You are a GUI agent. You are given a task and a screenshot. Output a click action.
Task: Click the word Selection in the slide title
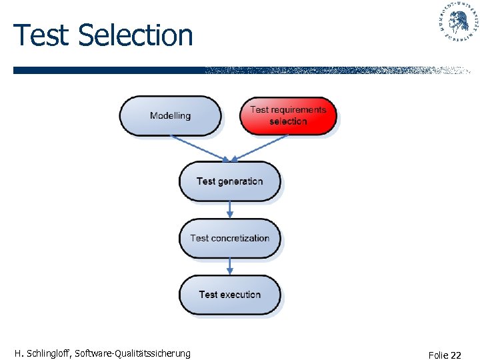[x=135, y=35]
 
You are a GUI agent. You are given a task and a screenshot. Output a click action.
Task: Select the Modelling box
[x=170, y=115]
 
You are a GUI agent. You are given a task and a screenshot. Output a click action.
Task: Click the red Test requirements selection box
[x=288, y=115]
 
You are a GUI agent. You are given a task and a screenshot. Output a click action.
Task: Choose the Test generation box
[x=230, y=181]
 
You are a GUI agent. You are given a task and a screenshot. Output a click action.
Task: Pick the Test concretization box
[x=230, y=238]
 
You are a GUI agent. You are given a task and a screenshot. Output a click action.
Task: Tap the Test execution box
[x=230, y=295]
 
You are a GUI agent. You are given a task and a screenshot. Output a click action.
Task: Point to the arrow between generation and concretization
[x=230, y=209]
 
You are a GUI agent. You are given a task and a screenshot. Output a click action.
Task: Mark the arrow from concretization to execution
[x=230, y=267]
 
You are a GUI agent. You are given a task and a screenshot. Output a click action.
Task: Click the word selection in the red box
[x=288, y=121]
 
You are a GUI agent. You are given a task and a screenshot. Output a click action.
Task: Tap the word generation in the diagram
[x=241, y=181]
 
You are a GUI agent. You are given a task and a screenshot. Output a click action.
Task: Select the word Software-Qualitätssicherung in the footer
[x=133, y=353]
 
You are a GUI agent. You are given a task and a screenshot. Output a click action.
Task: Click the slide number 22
[x=455, y=355]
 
